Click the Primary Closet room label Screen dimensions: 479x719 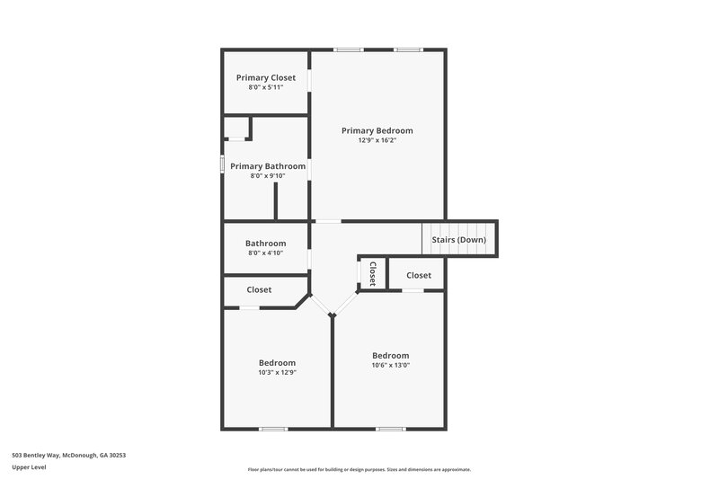click(265, 78)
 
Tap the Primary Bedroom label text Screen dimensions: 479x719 click(377, 130)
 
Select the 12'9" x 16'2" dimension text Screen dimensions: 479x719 click(377, 140)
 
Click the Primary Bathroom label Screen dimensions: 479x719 click(267, 166)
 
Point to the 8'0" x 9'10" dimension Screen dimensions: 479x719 click(267, 176)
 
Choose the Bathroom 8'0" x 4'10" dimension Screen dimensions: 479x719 click(265, 253)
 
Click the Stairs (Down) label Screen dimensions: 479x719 click(458, 240)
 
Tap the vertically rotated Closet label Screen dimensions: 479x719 click(372, 273)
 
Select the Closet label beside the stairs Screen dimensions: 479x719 click(418, 275)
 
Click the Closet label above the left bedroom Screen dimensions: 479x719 click(259, 290)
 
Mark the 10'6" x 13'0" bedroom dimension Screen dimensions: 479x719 click(390, 365)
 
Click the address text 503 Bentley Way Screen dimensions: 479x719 click(68, 456)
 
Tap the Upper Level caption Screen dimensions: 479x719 click(29, 467)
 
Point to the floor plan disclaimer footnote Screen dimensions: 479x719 click(359, 469)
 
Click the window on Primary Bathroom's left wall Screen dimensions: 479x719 click(223, 165)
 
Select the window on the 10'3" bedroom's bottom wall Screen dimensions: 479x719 click(272, 429)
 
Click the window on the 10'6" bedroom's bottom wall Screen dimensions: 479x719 click(389, 429)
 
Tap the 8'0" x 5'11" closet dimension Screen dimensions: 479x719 click(265, 87)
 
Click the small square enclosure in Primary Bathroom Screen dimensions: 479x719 click(236, 128)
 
